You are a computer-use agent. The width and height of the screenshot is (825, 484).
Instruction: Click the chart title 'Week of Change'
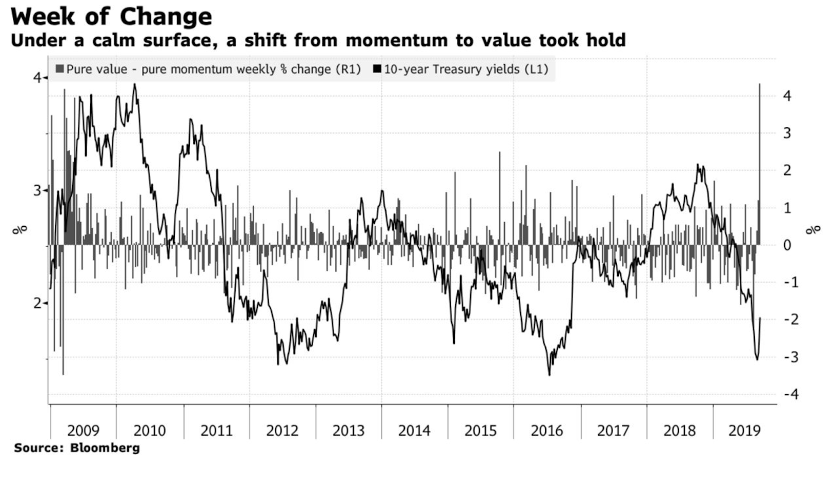click(x=111, y=16)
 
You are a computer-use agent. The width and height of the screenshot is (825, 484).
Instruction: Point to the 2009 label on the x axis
click(x=83, y=430)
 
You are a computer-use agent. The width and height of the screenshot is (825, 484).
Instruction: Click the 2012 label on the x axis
click(x=282, y=430)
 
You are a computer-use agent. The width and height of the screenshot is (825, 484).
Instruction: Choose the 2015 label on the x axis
click(x=481, y=430)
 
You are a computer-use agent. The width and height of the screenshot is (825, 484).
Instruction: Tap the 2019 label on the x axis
click(x=745, y=430)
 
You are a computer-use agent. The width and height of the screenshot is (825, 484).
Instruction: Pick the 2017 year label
click(x=613, y=430)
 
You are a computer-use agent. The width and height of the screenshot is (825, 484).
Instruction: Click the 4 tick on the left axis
click(x=37, y=78)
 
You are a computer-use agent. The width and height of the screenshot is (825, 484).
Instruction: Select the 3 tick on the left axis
click(x=37, y=191)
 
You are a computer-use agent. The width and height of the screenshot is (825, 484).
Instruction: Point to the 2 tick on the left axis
click(x=37, y=303)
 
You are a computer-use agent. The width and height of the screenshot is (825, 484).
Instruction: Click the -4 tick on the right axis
click(x=791, y=394)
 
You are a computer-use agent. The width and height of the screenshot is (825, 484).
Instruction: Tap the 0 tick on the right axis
click(x=787, y=245)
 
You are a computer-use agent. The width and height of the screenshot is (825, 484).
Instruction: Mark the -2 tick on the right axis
click(x=791, y=320)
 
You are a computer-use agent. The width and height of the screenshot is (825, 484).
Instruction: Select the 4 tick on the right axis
click(x=787, y=96)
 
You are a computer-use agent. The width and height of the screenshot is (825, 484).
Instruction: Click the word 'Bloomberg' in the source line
click(x=105, y=447)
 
